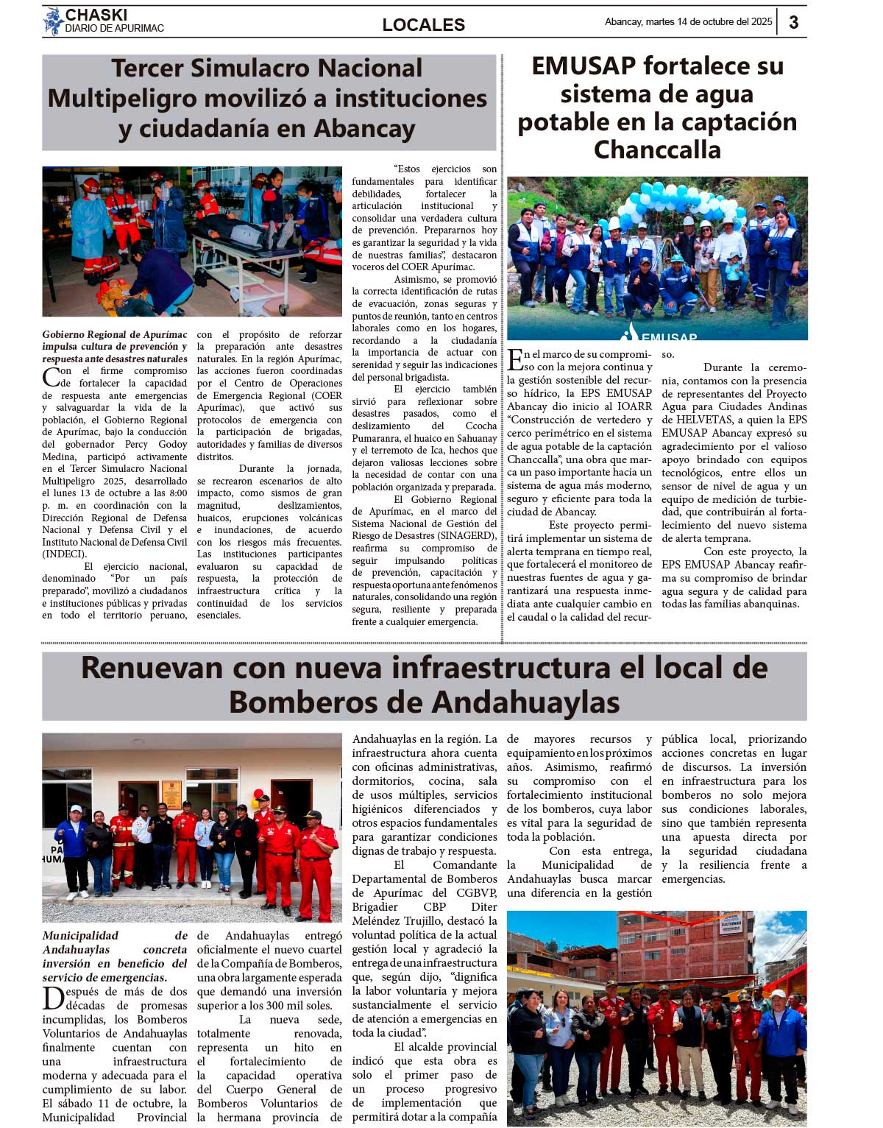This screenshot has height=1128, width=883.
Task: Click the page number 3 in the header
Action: pos(793,22)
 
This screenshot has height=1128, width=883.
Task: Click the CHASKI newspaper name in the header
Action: pos(96,15)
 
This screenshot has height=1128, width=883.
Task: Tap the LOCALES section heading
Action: pos(423,25)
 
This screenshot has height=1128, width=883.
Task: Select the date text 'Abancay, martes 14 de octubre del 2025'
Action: pos(688,22)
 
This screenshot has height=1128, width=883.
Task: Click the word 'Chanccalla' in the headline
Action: pos(657,150)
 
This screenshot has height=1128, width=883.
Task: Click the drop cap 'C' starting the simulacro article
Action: pos(51,378)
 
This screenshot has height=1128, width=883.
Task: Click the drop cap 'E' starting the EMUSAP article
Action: pos(515,360)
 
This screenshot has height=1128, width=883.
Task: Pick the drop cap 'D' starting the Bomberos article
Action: pos(53,998)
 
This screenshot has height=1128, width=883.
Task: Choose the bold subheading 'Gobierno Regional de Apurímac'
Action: pos(115,334)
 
